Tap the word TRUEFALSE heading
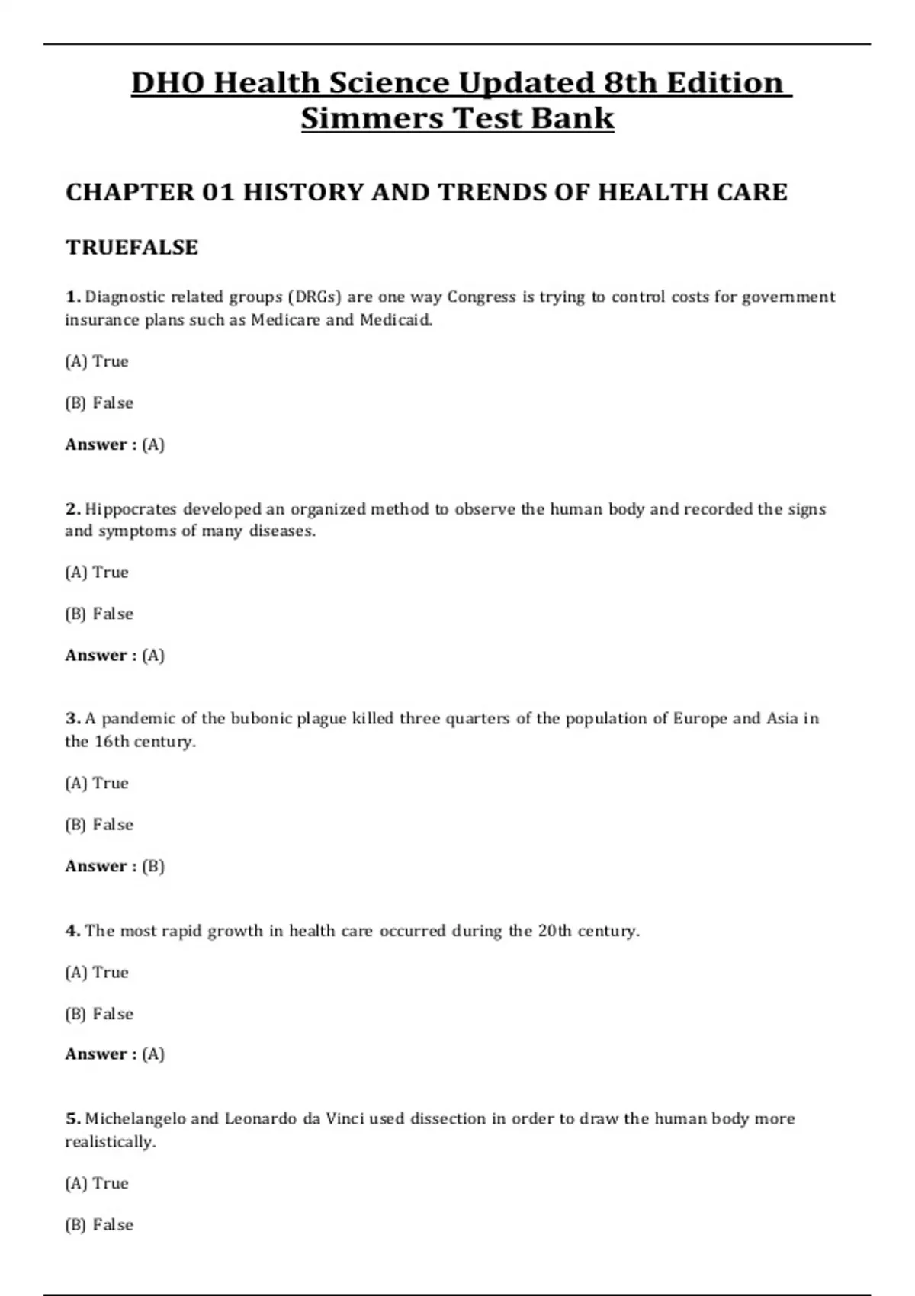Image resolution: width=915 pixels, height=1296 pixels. click(x=132, y=247)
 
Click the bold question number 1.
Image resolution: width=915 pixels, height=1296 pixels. click(x=72, y=297)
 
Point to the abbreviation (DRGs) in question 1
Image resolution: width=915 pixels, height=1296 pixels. click(x=314, y=297)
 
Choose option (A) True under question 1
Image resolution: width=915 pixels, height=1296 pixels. click(x=97, y=361)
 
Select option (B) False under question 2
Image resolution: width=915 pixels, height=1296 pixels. click(x=99, y=614)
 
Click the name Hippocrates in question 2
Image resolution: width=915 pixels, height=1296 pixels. click(x=130, y=508)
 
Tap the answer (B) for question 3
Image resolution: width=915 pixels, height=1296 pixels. click(x=153, y=866)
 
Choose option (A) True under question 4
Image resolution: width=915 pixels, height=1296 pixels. click(x=97, y=972)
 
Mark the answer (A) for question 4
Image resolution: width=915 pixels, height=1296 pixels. click(x=153, y=1054)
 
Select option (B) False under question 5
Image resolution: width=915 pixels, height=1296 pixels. click(x=99, y=1224)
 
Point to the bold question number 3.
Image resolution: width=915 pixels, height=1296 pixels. click(x=72, y=718)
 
